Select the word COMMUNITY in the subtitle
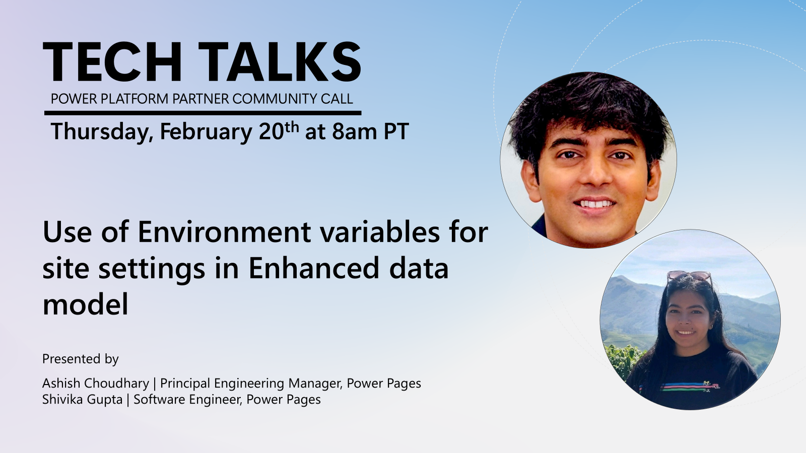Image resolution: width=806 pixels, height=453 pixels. point(274,99)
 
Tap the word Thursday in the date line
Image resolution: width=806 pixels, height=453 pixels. point(101,132)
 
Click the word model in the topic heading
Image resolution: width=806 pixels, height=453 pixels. point(85,304)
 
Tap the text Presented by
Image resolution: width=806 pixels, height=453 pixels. point(80,359)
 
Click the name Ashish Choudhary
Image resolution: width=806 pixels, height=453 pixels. point(96,384)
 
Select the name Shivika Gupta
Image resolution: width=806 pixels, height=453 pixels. point(82,400)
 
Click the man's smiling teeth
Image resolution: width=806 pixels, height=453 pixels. point(595,204)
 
